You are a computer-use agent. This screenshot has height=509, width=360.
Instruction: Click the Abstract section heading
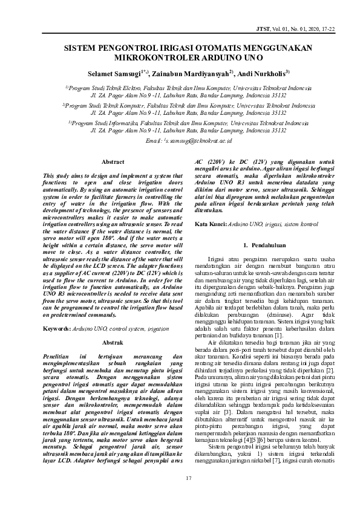point(113,163)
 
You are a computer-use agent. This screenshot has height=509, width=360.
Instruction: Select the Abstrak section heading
point(113,342)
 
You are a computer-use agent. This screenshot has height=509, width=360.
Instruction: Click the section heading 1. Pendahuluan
point(263,245)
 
